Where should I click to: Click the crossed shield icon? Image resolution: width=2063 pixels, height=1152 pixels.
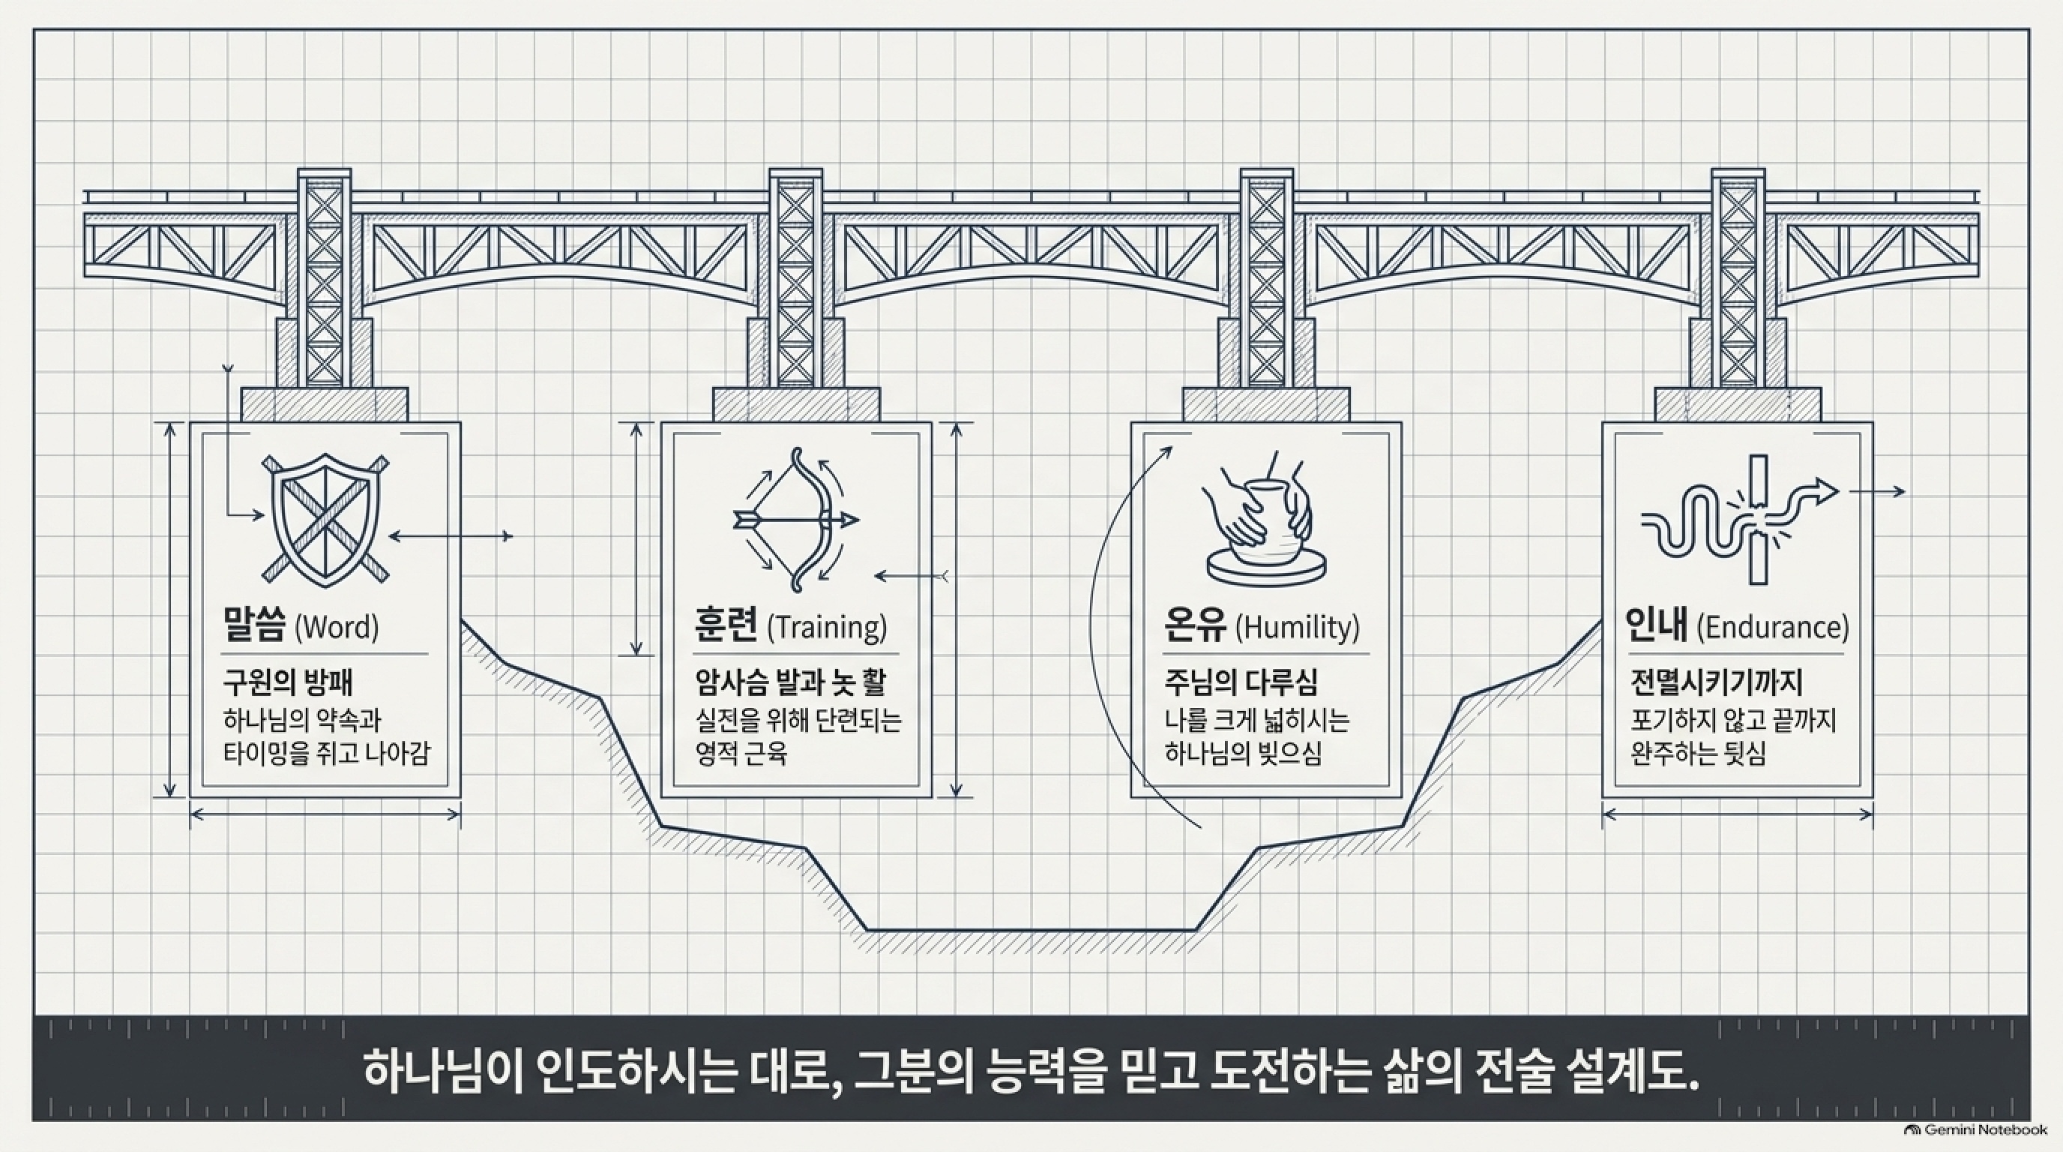(x=325, y=520)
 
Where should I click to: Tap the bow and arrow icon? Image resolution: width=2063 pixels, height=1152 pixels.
(x=796, y=520)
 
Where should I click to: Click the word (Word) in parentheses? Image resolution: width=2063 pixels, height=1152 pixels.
(x=337, y=626)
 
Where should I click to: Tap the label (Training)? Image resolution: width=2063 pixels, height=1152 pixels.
(x=828, y=626)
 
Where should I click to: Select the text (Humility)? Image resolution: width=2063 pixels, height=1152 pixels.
(x=1298, y=626)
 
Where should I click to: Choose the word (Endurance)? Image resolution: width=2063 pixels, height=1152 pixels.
(x=1773, y=626)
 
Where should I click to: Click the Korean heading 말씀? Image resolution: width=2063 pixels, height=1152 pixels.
(x=254, y=625)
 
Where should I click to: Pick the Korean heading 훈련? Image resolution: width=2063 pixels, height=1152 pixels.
(x=726, y=625)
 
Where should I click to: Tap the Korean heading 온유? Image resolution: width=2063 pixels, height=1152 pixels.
(x=1195, y=625)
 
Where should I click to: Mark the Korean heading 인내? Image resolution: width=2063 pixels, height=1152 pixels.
(x=1656, y=625)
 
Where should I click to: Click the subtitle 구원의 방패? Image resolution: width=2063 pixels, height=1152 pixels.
(x=288, y=682)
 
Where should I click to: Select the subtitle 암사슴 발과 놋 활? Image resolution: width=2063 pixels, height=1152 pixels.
(x=790, y=682)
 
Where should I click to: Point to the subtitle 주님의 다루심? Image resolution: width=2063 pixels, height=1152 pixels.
(x=1241, y=682)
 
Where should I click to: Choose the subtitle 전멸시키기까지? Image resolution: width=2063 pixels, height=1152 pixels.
(x=1716, y=682)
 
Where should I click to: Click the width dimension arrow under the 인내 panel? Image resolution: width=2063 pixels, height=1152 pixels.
(x=1738, y=814)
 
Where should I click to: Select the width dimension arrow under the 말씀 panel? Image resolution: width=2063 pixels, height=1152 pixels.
(x=325, y=814)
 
